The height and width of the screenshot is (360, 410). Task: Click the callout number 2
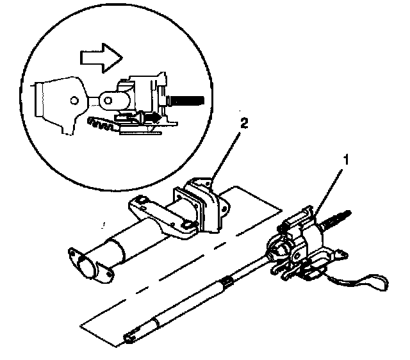pos(243,124)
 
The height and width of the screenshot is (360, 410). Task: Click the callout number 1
pos(346,160)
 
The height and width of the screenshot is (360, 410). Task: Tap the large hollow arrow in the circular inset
pos(101,58)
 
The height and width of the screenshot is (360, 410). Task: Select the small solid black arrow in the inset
pos(152,118)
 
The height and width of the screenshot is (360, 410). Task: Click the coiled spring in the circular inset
pos(101,124)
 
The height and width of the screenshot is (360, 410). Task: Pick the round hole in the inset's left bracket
pos(74,101)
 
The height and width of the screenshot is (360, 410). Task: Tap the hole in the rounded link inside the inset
pos(108,101)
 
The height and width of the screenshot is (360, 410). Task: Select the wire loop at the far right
pos(366,282)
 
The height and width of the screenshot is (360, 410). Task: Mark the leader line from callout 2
pos(225,156)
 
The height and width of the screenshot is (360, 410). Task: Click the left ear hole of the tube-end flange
pos(71,252)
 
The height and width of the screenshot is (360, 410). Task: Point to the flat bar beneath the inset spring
pos(141,133)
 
